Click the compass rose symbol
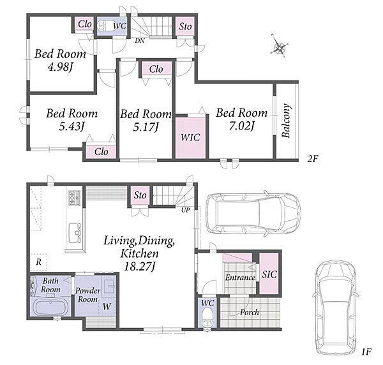(280, 46)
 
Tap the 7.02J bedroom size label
(242, 126)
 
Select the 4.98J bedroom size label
(61, 67)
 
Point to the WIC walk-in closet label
(190, 137)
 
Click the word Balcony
(286, 121)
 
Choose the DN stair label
(140, 41)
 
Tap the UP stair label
(185, 210)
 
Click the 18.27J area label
(139, 266)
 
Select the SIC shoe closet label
(269, 274)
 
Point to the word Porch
(250, 312)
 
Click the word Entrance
(241, 278)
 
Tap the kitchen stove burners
(74, 198)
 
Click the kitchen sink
(75, 233)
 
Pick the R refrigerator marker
(38, 262)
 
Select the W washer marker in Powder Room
(107, 306)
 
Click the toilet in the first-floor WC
(207, 318)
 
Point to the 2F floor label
(313, 159)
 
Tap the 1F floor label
(366, 352)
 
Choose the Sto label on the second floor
(185, 26)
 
